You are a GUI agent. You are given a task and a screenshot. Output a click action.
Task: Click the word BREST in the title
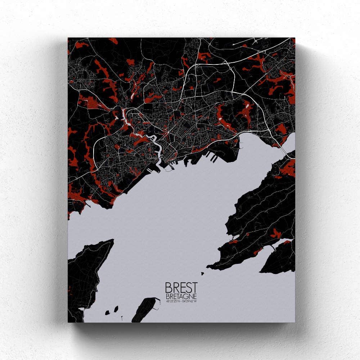tap(181, 287)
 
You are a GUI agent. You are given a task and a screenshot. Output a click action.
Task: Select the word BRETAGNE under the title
tap(181, 296)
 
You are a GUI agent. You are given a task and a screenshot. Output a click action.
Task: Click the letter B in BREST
tap(168, 287)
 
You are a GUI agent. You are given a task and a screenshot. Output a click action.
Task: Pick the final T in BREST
tap(194, 287)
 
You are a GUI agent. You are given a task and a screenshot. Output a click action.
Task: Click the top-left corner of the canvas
tap(68, 38)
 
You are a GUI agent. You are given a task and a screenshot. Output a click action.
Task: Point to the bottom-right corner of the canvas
tap(295, 322)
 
